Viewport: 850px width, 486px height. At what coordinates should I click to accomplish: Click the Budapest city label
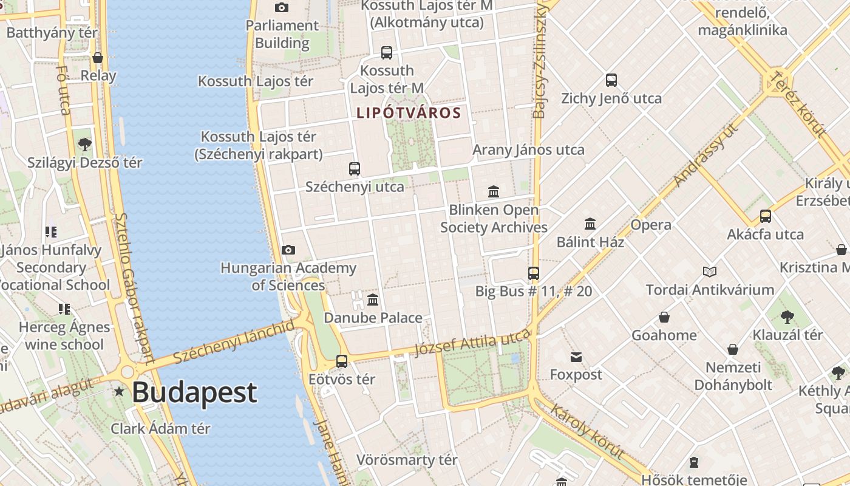click(194, 392)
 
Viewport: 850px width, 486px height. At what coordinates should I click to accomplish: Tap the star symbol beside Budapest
click(119, 392)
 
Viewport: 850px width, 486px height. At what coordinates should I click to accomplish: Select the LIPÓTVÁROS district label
click(409, 113)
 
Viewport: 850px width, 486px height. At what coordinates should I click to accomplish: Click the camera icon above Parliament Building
click(281, 7)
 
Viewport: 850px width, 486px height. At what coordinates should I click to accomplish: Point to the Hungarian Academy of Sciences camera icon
click(288, 250)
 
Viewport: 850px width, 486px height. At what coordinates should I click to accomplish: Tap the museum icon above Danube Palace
click(373, 299)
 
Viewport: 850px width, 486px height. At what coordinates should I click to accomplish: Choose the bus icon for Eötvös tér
click(342, 361)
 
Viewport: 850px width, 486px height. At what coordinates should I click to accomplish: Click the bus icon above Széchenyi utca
click(355, 169)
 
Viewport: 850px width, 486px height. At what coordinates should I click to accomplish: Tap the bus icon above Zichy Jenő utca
click(611, 80)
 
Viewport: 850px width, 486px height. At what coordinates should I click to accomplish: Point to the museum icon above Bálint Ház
click(590, 224)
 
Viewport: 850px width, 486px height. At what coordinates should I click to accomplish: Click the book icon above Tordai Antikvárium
click(710, 272)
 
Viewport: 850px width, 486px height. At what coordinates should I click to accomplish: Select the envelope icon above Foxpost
click(576, 357)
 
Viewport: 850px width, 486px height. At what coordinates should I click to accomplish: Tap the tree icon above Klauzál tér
click(787, 317)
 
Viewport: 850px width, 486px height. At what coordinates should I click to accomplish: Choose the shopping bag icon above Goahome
click(664, 317)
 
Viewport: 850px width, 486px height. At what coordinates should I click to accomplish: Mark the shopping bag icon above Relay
click(98, 58)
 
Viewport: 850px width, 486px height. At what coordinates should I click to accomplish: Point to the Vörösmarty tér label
click(407, 460)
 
